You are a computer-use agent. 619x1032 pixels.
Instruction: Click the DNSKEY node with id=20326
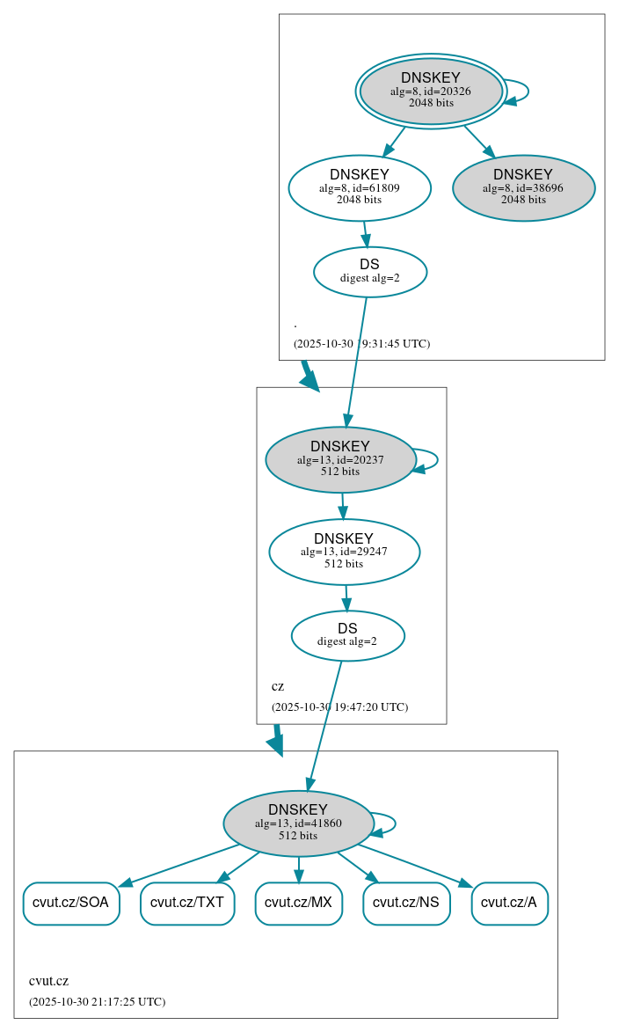(431, 91)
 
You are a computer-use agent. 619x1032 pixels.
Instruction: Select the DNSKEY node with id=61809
(360, 187)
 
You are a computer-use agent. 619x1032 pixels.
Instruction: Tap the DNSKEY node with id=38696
(523, 187)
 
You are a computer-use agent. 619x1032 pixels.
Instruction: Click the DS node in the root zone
(370, 272)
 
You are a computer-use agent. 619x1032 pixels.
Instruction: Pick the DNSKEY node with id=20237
(340, 459)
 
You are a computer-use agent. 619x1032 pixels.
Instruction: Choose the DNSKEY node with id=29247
(344, 552)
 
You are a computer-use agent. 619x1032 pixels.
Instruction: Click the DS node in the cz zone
(347, 635)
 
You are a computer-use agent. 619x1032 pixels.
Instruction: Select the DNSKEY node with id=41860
(298, 823)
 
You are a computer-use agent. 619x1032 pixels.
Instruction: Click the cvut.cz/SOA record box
(70, 903)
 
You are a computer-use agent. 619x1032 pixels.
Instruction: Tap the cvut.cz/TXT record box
(187, 903)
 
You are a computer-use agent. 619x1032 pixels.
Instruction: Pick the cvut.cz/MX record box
(298, 903)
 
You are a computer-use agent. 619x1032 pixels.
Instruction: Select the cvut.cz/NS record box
(406, 903)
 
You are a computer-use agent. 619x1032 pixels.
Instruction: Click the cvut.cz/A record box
(509, 903)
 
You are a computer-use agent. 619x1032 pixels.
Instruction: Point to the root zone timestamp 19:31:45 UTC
(361, 344)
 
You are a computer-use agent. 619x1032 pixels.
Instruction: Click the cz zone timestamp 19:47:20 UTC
(339, 707)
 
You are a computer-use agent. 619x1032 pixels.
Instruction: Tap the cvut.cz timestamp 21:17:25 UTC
(97, 1002)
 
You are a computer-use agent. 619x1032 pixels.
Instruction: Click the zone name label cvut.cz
(49, 981)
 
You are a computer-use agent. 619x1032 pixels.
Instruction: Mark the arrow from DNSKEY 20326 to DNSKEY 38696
(478, 141)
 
